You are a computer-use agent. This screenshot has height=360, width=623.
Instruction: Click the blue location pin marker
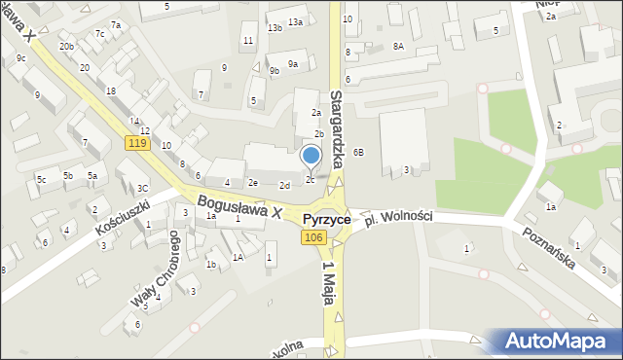click(x=311, y=156)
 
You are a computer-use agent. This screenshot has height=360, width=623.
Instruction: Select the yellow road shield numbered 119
click(x=136, y=143)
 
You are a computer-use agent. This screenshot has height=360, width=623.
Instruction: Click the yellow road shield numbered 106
click(x=312, y=237)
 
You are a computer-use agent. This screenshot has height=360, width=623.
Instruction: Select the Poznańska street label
click(x=549, y=249)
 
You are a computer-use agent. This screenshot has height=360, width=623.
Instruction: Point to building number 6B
click(x=359, y=152)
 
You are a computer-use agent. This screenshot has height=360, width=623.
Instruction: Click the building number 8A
click(x=398, y=46)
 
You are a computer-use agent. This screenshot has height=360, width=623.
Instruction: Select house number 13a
click(x=294, y=21)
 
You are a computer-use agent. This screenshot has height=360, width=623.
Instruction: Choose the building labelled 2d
click(x=284, y=185)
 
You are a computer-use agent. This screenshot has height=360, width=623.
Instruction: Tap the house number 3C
click(x=142, y=188)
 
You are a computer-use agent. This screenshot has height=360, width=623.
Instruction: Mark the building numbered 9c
click(x=20, y=58)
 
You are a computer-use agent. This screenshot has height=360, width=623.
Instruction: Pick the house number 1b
click(x=210, y=264)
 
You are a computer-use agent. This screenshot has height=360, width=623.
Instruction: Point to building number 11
click(x=248, y=40)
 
